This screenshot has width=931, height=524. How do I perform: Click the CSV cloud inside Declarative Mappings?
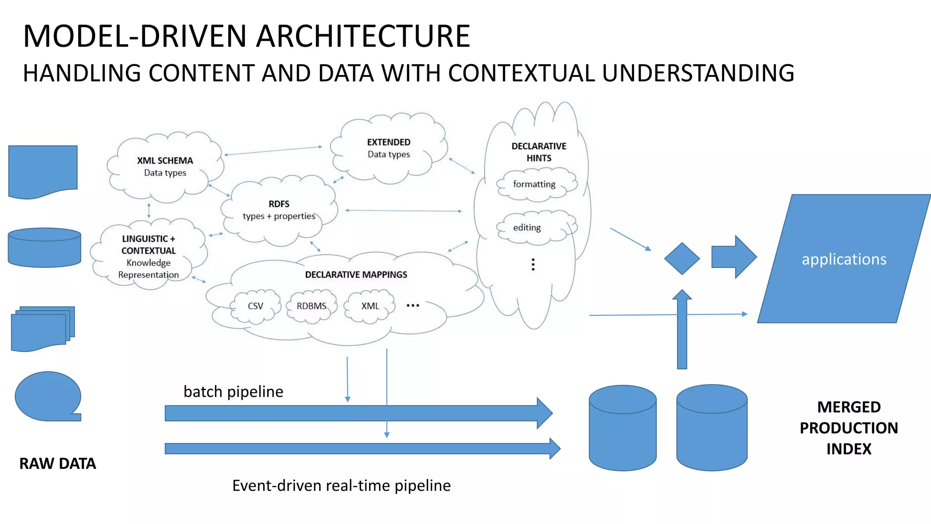[255, 306]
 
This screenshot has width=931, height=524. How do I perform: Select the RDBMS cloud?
[311, 306]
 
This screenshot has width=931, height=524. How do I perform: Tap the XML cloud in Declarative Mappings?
[370, 306]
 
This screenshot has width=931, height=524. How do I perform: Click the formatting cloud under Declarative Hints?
[535, 184]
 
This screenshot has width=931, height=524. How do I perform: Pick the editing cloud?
[527, 227]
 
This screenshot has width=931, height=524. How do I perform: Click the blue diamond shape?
[681, 258]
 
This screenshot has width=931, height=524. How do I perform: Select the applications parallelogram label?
[843, 259]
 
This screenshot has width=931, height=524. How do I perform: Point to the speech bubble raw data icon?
[48, 396]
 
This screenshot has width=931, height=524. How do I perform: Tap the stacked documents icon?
[42, 328]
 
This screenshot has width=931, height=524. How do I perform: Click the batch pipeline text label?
[233, 392]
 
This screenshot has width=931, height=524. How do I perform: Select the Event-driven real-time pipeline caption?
[341, 485]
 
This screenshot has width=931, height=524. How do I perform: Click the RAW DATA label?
[58, 464]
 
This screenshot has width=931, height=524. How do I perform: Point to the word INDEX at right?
[849, 449]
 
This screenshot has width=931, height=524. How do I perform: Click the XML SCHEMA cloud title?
[165, 161]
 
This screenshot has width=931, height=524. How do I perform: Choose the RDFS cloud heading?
[279, 204]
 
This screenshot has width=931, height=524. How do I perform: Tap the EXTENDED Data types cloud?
[389, 148]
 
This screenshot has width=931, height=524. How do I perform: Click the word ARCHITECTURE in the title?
[363, 36]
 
